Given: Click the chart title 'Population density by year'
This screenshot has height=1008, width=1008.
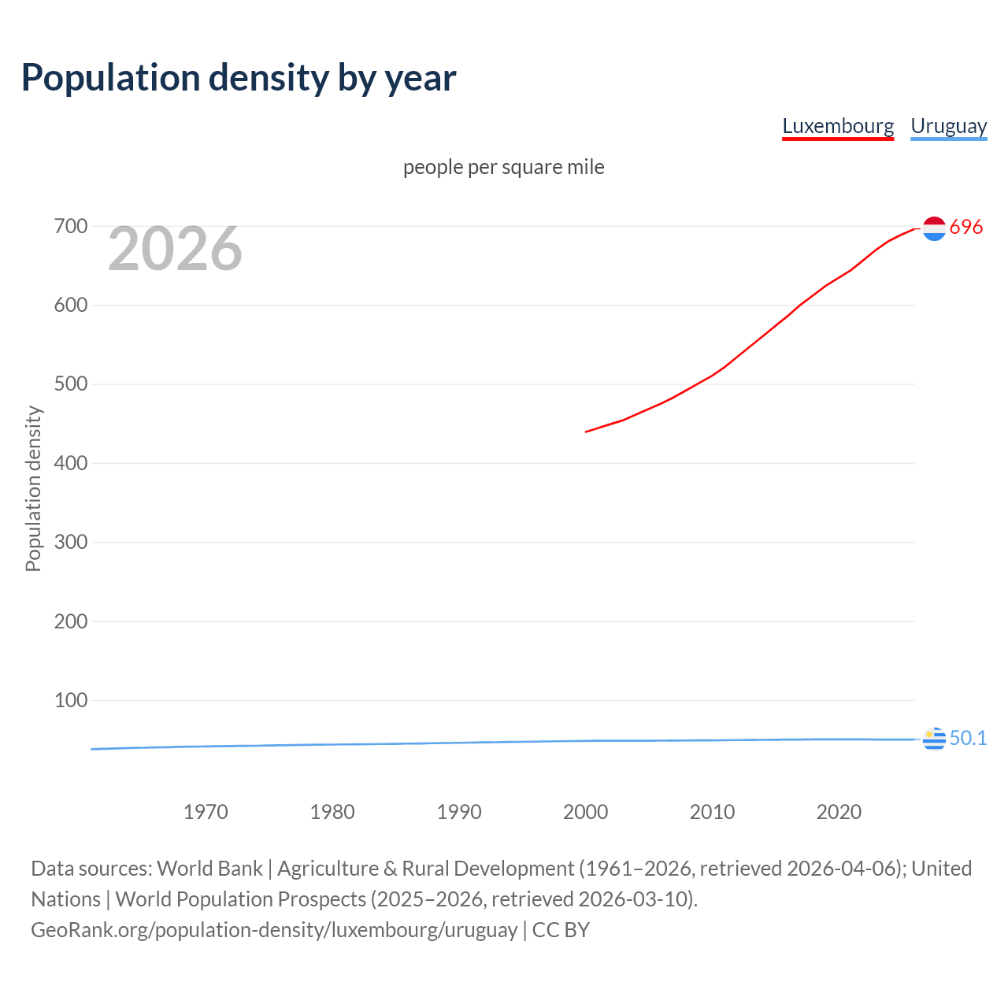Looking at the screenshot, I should click(x=239, y=78).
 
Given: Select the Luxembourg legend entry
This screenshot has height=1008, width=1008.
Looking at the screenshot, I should click(x=838, y=126).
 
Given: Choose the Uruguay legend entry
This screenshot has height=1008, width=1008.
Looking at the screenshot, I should click(x=948, y=126).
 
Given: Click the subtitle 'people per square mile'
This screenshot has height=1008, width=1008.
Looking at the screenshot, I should click(x=504, y=167).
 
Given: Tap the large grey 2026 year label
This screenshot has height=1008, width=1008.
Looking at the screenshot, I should click(x=175, y=249).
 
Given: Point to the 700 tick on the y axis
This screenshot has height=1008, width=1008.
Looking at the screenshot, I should click(x=70, y=227).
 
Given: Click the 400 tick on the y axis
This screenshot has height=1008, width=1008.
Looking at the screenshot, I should click(x=70, y=463).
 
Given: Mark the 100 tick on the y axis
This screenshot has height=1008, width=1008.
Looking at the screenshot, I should click(x=70, y=700).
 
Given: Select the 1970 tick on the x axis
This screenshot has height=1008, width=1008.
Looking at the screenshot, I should click(x=206, y=812).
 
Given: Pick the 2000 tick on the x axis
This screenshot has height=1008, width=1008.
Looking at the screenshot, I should click(x=585, y=812).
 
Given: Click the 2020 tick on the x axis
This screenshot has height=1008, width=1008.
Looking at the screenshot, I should click(x=839, y=812).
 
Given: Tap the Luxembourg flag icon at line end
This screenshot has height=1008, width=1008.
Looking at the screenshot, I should click(x=934, y=228).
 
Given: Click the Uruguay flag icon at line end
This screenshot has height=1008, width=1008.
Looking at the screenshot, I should click(x=934, y=739).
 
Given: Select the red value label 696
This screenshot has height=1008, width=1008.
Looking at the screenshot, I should click(x=966, y=228).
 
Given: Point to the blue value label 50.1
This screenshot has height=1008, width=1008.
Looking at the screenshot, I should click(x=968, y=739).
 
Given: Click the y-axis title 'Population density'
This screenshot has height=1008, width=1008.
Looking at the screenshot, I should click(x=33, y=488).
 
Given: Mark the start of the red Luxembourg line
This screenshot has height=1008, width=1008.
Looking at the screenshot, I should click(x=586, y=432).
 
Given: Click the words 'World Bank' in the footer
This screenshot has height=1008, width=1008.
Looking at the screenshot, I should click(x=209, y=869).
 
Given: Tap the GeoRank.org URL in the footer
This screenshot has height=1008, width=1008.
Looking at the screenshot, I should click(x=274, y=930).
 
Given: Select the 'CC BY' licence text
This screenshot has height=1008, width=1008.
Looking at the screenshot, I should click(x=561, y=930).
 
